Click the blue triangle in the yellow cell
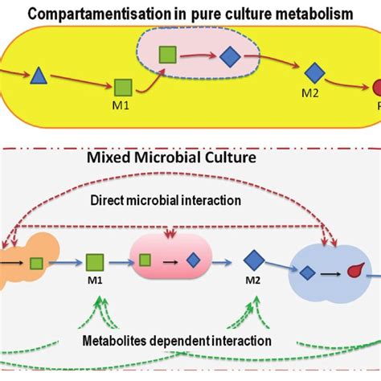pyautogui.click(x=37, y=76)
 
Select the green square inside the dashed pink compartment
pyautogui.click(x=167, y=55)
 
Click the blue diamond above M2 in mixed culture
pyautogui.click(x=254, y=260)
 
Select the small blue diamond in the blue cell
pyautogui.click(x=306, y=272)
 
